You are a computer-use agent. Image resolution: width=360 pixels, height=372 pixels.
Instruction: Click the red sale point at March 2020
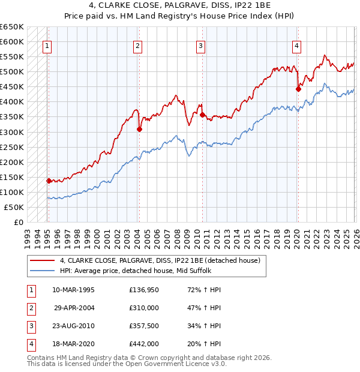(298, 89)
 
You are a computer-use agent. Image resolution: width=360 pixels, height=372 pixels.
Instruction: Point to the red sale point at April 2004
(139, 128)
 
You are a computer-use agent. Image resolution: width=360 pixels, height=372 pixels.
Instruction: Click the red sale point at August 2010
(202, 115)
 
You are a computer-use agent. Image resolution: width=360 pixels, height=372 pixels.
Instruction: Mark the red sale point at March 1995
(49, 181)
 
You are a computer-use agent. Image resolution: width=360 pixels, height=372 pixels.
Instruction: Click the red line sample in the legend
(42, 261)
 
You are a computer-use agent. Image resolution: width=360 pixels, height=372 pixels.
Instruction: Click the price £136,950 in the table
(144, 290)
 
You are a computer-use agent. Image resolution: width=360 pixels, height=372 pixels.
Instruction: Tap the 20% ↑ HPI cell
(204, 344)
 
